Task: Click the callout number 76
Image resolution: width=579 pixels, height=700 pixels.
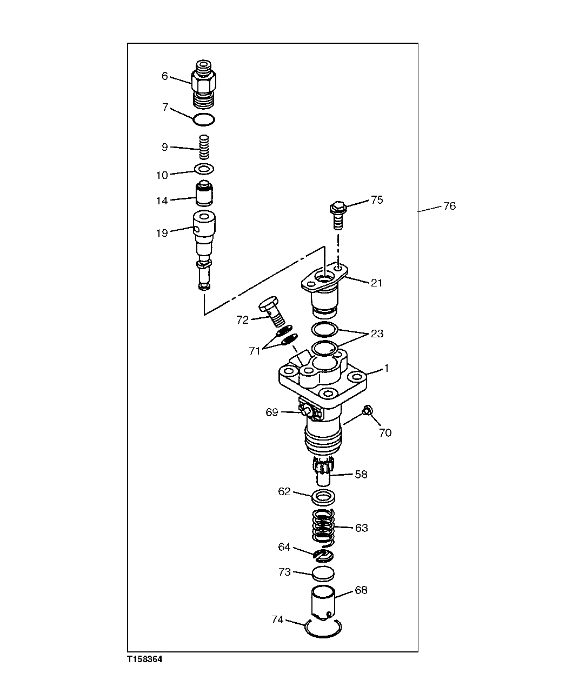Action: pos(449,206)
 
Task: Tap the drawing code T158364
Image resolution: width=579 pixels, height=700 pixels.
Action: pos(144,659)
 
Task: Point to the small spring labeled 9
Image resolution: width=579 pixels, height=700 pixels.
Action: pos(204,147)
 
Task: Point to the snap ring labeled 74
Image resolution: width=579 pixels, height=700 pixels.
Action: pos(323,628)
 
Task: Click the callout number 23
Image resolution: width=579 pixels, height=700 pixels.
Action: pos(376,334)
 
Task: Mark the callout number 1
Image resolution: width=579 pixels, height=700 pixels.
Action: pos(387,368)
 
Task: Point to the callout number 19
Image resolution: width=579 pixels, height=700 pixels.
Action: pos(162,233)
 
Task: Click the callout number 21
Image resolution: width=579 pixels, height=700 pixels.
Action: pos(376,282)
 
